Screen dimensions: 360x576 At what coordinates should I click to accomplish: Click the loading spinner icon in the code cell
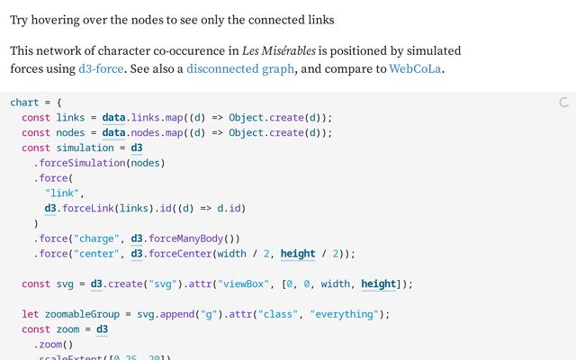[563, 103]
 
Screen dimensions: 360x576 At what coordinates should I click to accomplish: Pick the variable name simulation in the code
[85, 148]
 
